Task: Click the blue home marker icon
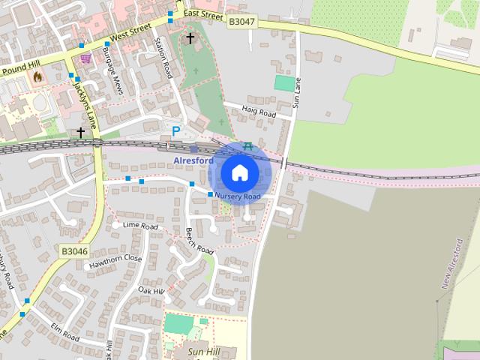(239, 172)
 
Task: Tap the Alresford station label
(193, 160)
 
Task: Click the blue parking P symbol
(176, 131)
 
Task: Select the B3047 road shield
(241, 22)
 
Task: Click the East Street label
(202, 14)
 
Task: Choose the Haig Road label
(259, 112)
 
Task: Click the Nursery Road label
(237, 196)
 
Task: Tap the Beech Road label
(199, 241)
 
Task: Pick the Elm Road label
(64, 331)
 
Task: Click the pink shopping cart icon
(86, 58)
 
